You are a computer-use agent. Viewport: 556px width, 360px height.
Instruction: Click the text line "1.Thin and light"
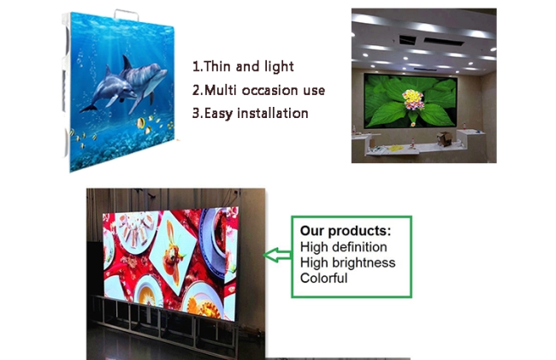pyautogui.click(x=243, y=67)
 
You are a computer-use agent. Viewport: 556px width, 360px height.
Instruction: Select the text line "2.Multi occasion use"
pyautogui.click(x=258, y=90)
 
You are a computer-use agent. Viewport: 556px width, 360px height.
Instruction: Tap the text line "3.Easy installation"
pyautogui.click(x=250, y=114)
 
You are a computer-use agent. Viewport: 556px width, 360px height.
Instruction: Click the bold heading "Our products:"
pyautogui.click(x=346, y=231)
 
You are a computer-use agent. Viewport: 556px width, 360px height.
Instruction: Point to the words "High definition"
pyautogui.click(x=343, y=247)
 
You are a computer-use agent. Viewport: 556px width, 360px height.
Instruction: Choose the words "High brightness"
pyautogui.click(x=347, y=263)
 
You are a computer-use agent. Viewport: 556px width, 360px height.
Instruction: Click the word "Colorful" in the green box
pyautogui.click(x=323, y=278)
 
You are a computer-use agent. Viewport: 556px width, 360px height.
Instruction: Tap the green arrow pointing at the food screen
pyautogui.click(x=277, y=255)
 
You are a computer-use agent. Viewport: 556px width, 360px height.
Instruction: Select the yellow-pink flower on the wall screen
pyautogui.click(x=413, y=99)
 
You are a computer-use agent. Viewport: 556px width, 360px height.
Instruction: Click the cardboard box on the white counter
pyautogui.click(x=444, y=139)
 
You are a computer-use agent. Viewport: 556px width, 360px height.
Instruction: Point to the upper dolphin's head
pyautogui.click(x=158, y=74)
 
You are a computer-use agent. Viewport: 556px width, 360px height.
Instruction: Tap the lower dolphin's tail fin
pyautogui.click(x=88, y=109)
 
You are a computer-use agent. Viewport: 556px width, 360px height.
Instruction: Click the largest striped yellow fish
pyautogui.click(x=141, y=123)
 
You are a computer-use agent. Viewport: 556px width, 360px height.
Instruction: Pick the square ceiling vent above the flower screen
pyautogui.click(x=408, y=39)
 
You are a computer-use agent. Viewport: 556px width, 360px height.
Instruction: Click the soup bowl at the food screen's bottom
pyautogui.click(x=148, y=292)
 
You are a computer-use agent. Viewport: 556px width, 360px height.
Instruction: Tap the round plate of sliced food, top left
pyautogui.click(x=137, y=231)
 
